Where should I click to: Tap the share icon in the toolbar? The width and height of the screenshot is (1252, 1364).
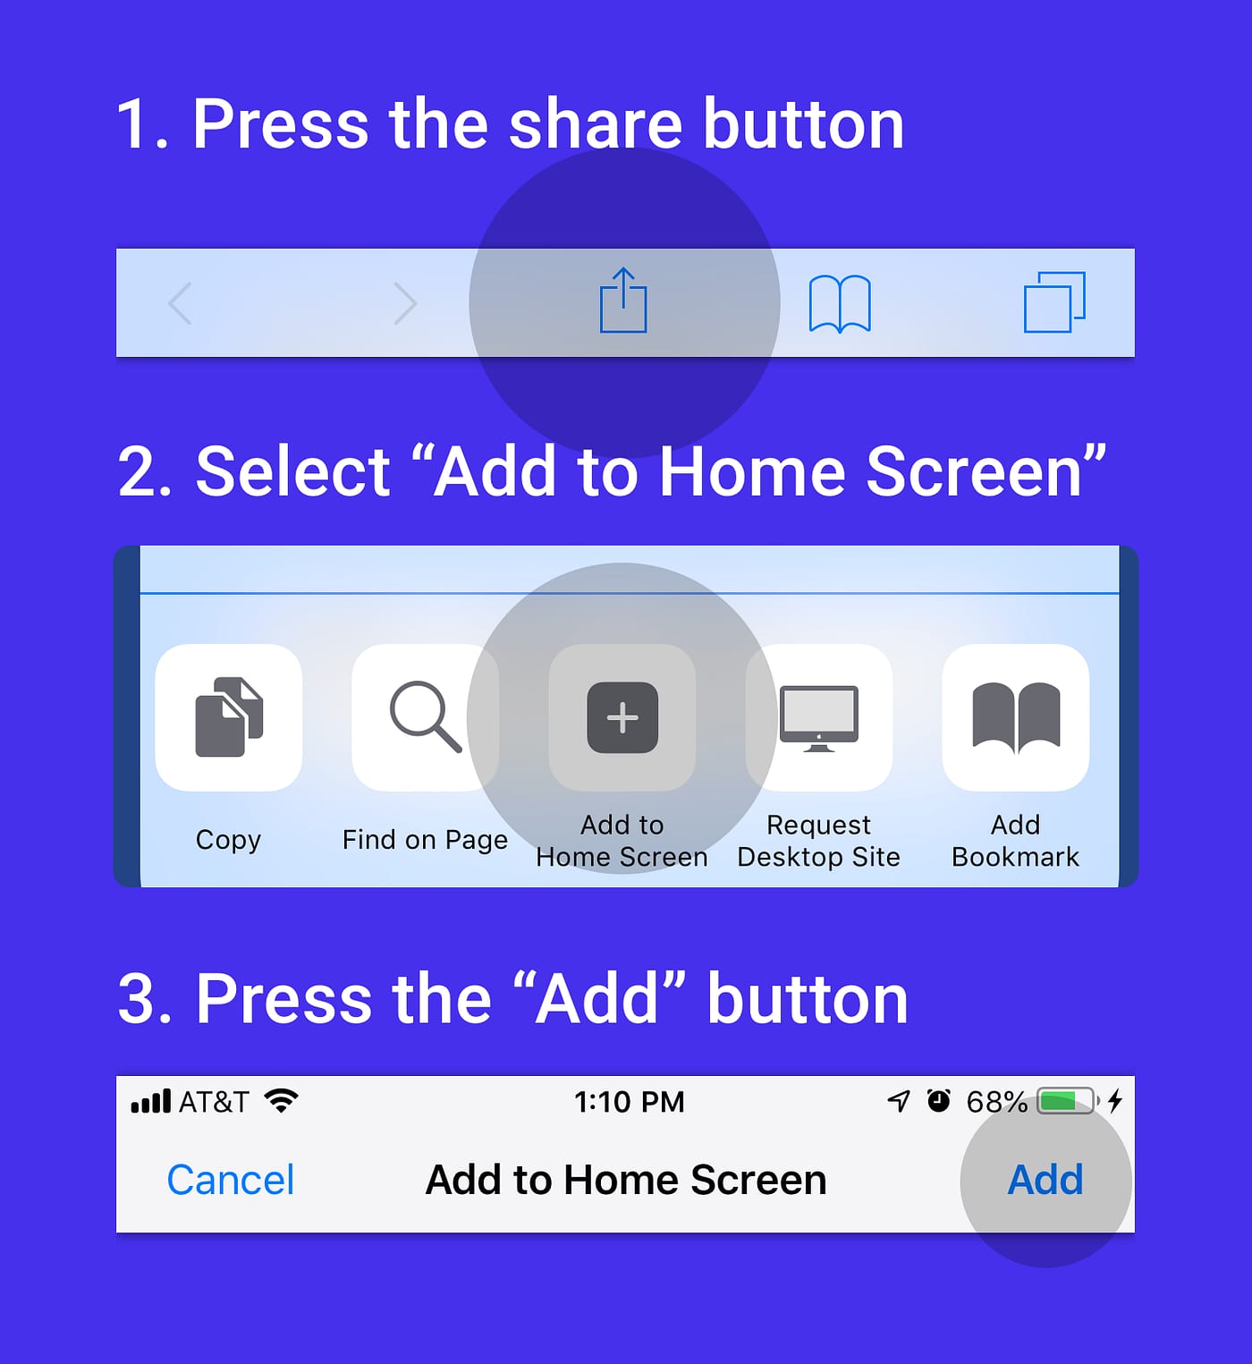[x=623, y=301]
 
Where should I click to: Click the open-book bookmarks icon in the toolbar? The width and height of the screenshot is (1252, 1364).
[x=840, y=303]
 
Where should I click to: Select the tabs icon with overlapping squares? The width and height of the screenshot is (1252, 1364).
[x=1054, y=302]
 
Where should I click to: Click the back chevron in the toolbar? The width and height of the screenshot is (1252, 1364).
[x=181, y=303]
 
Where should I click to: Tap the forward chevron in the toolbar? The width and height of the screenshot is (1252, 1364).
[x=405, y=303]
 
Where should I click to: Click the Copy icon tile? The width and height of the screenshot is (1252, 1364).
[x=229, y=717]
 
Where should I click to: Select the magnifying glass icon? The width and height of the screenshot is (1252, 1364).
[x=426, y=717]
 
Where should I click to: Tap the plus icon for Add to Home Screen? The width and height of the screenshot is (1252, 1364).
[x=622, y=717]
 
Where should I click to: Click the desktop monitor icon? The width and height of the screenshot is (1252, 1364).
[x=819, y=717]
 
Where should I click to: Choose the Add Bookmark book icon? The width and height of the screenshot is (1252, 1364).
[x=1016, y=717]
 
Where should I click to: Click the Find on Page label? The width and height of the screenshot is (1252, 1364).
[x=425, y=840]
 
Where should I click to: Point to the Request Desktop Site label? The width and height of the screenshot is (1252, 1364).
[x=818, y=841]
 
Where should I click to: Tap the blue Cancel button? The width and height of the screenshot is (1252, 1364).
[x=231, y=1180]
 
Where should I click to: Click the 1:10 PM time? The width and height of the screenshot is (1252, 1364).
[x=629, y=1102]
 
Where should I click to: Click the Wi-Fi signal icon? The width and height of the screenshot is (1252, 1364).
[x=282, y=1101]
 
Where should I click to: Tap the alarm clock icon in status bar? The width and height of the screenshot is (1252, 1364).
[x=938, y=1100]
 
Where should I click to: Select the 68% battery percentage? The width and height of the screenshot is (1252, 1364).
[x=996, y=1102]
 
